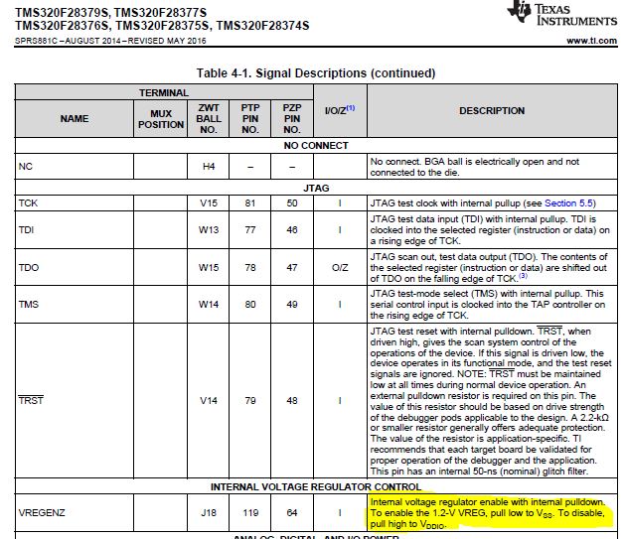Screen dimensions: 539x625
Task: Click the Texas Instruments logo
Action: pos(560,14)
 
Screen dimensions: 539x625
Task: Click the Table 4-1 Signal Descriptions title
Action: pos(315,72)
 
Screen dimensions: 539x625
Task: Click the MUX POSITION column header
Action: pos(160,119)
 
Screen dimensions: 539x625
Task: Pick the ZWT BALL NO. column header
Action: pos(209,118)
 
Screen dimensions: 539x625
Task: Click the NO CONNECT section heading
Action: pos(315,145)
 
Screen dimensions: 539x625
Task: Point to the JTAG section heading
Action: pos(315,187)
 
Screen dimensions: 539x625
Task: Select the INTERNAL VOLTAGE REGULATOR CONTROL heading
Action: pos(315,486)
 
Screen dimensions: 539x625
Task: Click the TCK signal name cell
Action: pos(28,202)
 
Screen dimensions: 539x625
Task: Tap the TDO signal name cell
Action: pos(29,268)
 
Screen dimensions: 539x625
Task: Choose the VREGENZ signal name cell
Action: pos(41,514)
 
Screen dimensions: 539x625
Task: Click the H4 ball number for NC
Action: pos(209,166)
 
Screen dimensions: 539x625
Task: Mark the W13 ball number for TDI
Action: pos(209,229)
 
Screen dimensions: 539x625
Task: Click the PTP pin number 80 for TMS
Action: pos(250,304)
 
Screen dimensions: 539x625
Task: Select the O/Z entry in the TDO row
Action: pos(340,268)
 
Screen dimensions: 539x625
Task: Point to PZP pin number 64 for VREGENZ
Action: pos(292,514)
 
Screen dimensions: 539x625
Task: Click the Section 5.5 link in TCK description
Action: pos(570,202)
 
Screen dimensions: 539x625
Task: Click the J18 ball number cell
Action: pos(209,514)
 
